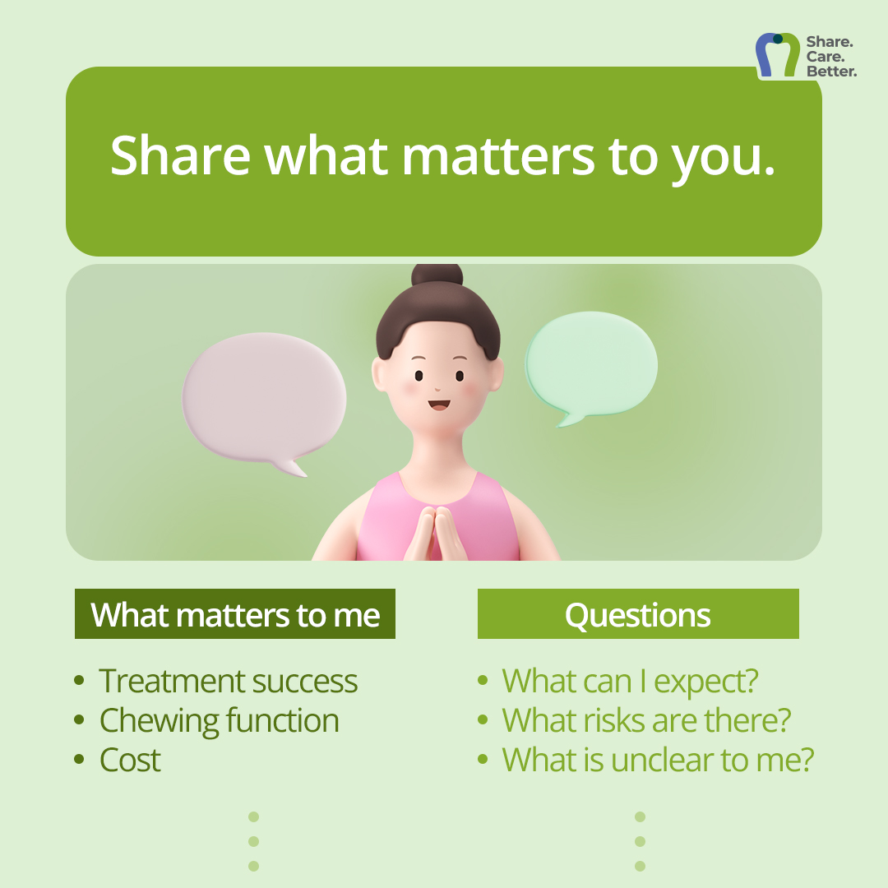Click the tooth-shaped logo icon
point(778,54)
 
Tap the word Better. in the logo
point(831,72)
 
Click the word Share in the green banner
point(180,155)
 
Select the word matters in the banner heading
point(498,155)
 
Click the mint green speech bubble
point(591,365)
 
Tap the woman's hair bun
point(437,275)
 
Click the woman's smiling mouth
point(439,405)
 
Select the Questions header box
point(638,614)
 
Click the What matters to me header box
point(235,614)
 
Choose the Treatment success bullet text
point(229,680)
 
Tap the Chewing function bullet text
point(220,720)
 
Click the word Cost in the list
point(130,760)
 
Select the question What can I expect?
point(630,682)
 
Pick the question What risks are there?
point(646,719)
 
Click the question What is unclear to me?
point(658,760)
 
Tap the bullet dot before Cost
point(79,759)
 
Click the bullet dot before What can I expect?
point(483,680)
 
